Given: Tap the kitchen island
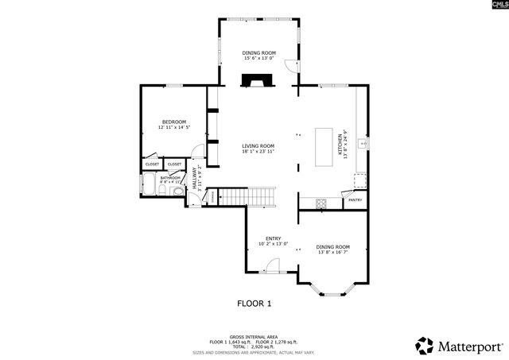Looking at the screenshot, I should (x=324, y=147).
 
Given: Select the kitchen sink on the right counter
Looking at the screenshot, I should (x=362, y=144).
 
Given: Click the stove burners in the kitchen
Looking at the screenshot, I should (x=321, y=203).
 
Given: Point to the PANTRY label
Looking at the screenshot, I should (x=355, y=200).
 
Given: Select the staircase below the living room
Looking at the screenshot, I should (x=247, y=195).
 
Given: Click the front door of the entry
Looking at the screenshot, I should (x=272, y=270).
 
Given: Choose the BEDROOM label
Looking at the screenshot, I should (x=173, y=122).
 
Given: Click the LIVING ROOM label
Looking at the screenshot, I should (x=258, y=145).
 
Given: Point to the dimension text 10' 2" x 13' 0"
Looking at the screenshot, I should (x=273, y=244).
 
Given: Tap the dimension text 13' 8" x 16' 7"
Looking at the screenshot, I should (x=333, y=252).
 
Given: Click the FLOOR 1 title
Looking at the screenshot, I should (x=254, y=303).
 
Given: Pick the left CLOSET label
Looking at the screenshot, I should (x=152, y=165).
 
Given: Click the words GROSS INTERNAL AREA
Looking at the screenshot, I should (x=254, y=337).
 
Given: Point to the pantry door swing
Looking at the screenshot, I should (x=347, y=192).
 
